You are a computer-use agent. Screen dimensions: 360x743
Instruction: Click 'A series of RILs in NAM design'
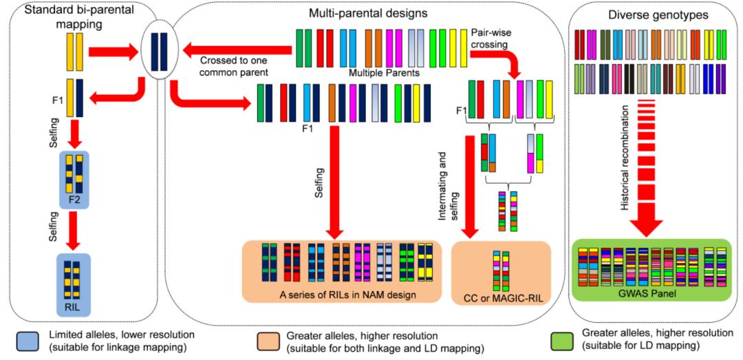(341, 295)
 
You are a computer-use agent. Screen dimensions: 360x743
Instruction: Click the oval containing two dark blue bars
(158, 52)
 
